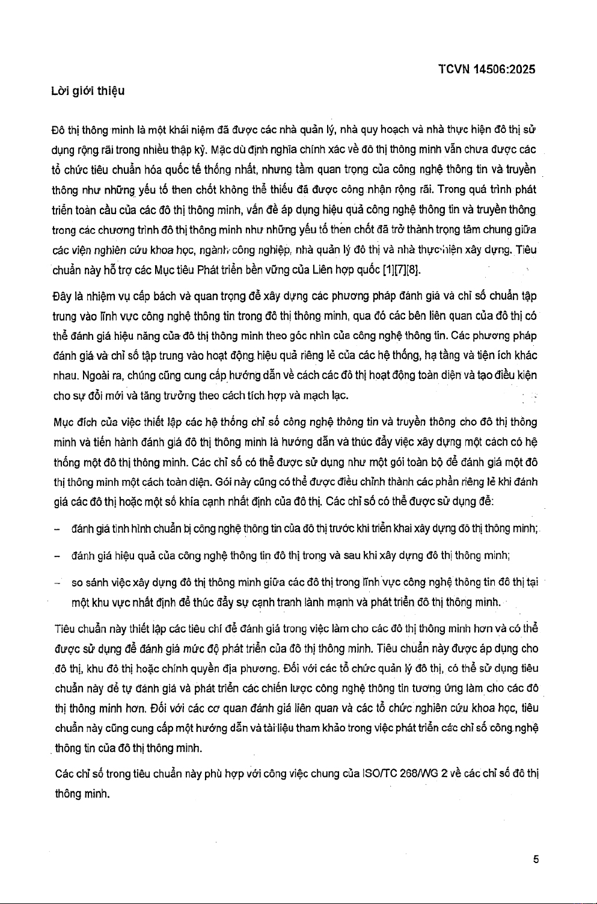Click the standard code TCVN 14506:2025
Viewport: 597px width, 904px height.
486,69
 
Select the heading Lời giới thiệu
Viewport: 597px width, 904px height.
87,91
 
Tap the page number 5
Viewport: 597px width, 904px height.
535,859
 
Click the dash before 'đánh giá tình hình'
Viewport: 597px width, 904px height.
56,529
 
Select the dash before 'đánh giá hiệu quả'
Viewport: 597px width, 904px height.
56,555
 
